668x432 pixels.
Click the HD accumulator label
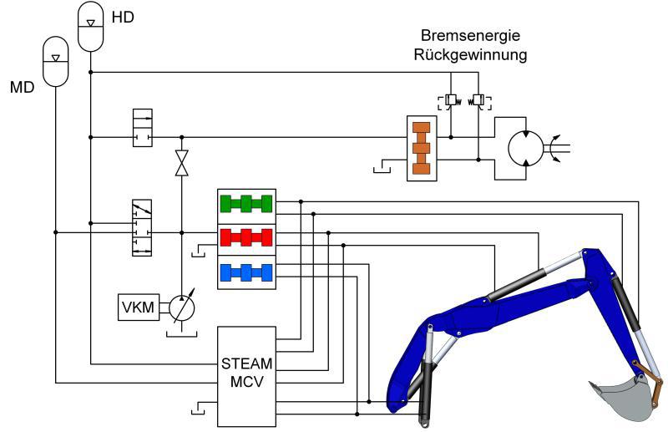tap(123, 17)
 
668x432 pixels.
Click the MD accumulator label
tap(23, 88)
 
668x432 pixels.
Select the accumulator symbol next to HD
tap(91, 27)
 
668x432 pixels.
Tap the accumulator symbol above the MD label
tap(56, 61)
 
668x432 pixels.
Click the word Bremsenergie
tap(470, 35)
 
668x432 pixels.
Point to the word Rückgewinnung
tap(470, 55)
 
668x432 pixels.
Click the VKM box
tap(139, 307)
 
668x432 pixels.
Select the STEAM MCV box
tap(246, 377)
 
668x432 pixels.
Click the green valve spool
tap(246, 203)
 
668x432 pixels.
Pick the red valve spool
tap(246, 237)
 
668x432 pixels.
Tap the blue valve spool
tap(246, 272)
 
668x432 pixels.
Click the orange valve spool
tap(422, 148)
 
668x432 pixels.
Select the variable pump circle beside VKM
tap(182, 307)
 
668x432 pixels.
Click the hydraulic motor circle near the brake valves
tap(526, 149)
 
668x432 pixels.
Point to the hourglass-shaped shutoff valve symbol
tap(182, 163)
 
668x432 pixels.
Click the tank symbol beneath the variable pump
tap(182, 333)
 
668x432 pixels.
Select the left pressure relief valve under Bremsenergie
tap(451, 101)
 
